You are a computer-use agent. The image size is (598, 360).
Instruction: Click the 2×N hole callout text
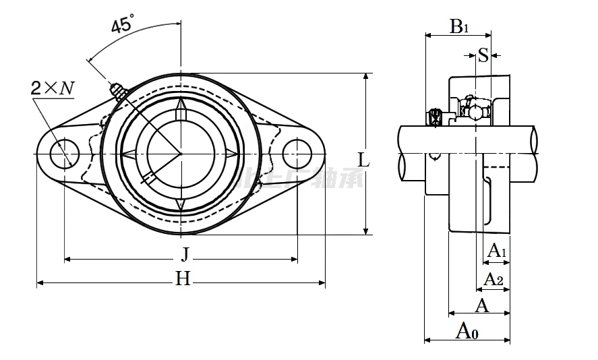pyautogui.click(x=52, y=88)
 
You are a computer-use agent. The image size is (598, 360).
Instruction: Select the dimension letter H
pyautogui.click(x=183, y=278)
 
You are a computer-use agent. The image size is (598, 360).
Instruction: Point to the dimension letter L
pyautogui.click(x=363, y=160)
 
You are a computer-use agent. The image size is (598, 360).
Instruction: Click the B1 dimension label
pyautogui.click(x=459, y=27)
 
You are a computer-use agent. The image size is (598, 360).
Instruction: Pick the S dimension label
pyautogui.click(x=483, y=55)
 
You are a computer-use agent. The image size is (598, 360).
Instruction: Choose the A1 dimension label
pyautogui.click(x=497, y=251)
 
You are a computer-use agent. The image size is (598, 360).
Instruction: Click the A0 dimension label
pyautogui.click(x=467, y=330)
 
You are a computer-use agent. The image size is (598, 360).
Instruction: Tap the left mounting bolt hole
pyautogui.click(x=65, y=154)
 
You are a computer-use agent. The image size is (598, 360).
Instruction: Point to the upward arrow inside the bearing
pyautogui.click(x=181, y=109)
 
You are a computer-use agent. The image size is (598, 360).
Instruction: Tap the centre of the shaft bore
pyautogui.click(x=181, y=154)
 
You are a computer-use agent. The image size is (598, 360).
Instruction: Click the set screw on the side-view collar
pyautogui.click(x=435, y=118)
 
